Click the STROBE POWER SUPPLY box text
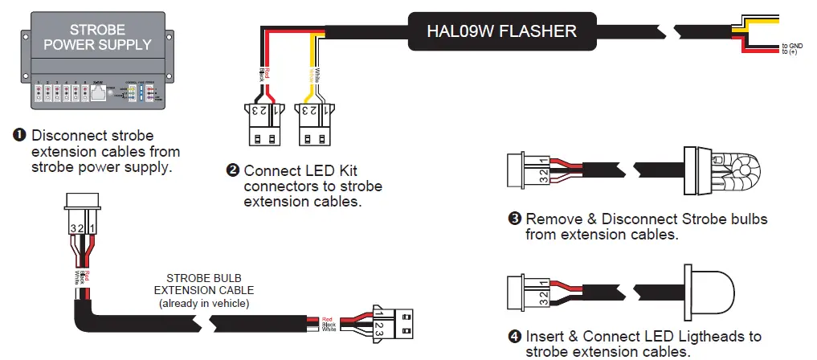[97, 37]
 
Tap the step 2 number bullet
[233, 170]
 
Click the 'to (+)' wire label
[790, 52]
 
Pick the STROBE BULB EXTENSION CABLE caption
[204, 284]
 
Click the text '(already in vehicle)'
[204, 303]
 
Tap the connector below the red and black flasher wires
[258, 126]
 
